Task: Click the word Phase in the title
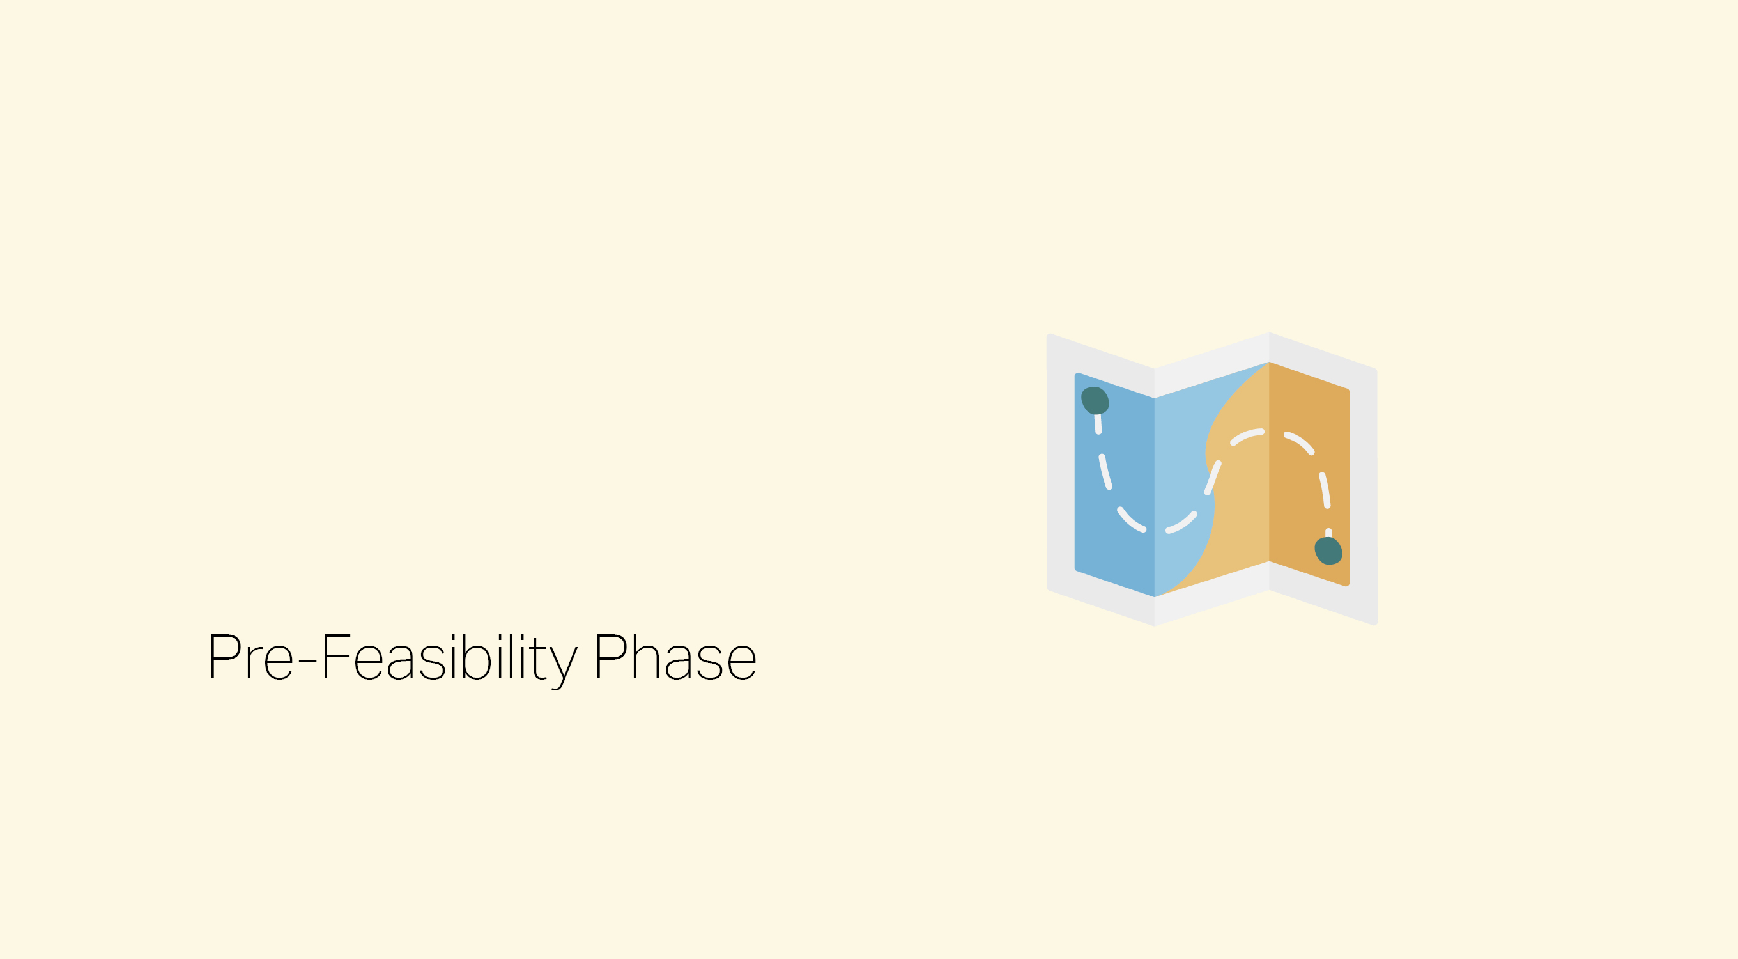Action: (x=675, y=657)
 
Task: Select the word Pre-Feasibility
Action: (x=394, y=660)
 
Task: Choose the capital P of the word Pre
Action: (x=226, y=656)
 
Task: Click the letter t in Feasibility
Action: (x=539, y=659)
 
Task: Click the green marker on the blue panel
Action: (x=1095, y=400)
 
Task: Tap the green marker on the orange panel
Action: (x=1328, y=550)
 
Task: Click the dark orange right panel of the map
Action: (x=1309, y=472)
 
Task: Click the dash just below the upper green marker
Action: (x=1098, y=424)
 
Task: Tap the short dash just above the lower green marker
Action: (x=1328, y=533)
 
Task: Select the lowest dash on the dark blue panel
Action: (x=1132, y=520)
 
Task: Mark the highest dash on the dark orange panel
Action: (x=1299, y=442)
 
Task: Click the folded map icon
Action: (x=1211, y=479)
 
